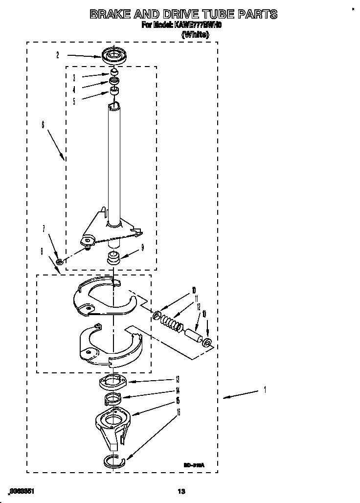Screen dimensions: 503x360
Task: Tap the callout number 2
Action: tap(57, 55)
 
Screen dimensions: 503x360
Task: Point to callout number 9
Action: tap(142, 248)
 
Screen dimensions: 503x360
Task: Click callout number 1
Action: tap(265, 390)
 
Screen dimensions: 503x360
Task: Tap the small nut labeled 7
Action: tap(59, 262)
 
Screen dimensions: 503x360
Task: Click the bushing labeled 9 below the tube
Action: tap(114, 257)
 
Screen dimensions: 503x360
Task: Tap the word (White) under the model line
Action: tap(195, 35)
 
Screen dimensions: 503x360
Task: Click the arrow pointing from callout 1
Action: tap(240, 394)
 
